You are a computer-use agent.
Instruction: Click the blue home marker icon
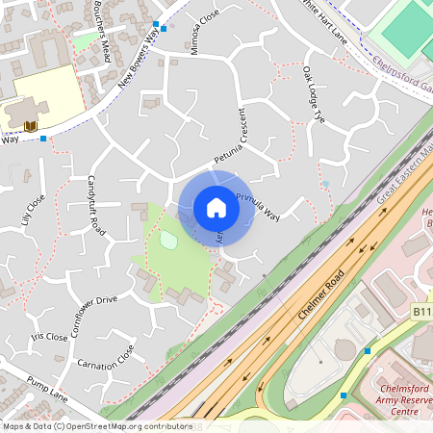coord(216,208)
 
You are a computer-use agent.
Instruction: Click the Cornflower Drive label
coord(89,300)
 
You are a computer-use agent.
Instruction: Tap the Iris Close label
coord(49,337)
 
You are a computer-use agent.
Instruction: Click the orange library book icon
coord(30,126)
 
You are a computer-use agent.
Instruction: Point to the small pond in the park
coord(169,240)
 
